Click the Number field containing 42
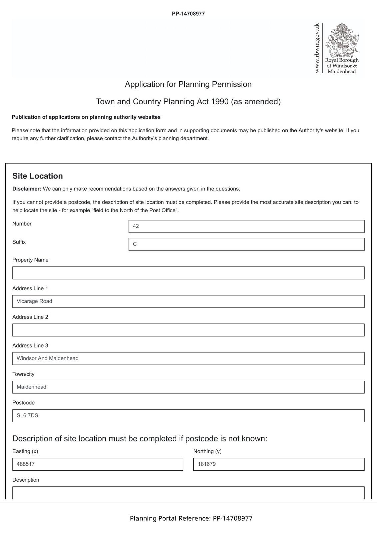246,226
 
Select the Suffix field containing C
246,244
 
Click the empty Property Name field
188,273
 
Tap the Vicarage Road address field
188,301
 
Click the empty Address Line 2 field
188,330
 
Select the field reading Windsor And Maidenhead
188,358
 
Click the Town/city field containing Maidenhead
188,387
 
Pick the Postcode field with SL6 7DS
188,416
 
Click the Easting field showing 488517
98,464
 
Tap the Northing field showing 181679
279,464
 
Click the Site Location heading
38,176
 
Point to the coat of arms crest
342,39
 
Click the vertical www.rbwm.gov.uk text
317,48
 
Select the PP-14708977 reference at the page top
188,14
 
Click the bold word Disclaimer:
27,189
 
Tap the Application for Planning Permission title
188,84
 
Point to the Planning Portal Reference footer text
191,518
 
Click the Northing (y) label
207,451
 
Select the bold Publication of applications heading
86,117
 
